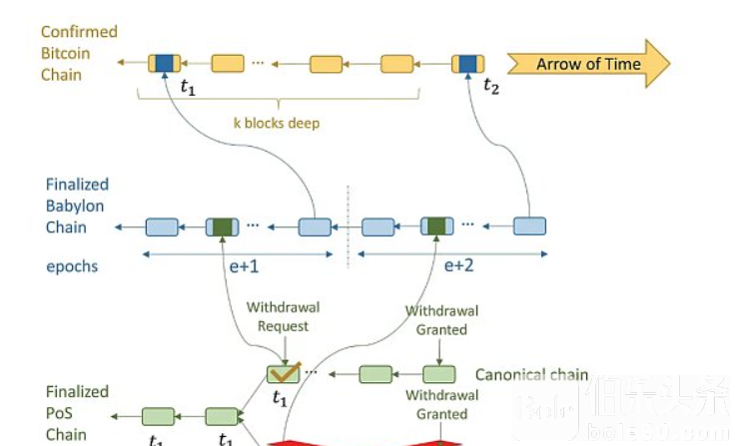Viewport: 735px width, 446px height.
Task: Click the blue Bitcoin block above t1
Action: tap(165, 64)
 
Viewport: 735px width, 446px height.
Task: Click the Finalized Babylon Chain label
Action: tap(78, 206)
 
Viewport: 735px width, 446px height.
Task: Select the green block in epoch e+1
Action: tap(222, 226)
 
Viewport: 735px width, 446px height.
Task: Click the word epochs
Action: tap(72, 266)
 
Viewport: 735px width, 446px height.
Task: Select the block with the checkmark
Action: tap(283, 375)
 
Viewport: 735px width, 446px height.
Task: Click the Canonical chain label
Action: tap(530, 375)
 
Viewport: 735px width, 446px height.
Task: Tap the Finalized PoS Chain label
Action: tap(77, 413)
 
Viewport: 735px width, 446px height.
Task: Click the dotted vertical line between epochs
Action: tap(348, 226)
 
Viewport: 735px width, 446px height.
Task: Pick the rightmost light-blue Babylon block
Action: tap(530, 226)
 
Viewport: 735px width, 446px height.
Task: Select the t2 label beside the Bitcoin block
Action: tap(490, 86)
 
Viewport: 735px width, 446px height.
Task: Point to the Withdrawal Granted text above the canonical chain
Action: tap(441, 320)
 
